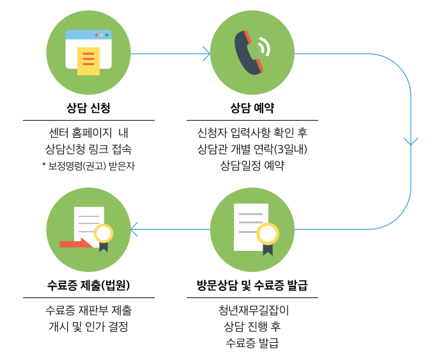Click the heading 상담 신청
pos(88,107)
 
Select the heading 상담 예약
pos(252,107)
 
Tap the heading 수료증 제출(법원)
pos(88,285)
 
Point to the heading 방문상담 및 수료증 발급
pos(252,285)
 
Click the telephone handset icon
pos(250,52)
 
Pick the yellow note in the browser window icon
pos(88,61)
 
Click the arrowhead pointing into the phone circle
pos(206,54)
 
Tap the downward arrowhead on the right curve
pos(411,141)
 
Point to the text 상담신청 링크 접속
pos(88,149)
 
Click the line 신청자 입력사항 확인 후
pos(252,133)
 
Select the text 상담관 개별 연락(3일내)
pos(252,149)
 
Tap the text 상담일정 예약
pos(252,166)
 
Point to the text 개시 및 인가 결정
pos(88,327)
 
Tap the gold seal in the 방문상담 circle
pos(267,234)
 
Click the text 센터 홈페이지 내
pos(88,133)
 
